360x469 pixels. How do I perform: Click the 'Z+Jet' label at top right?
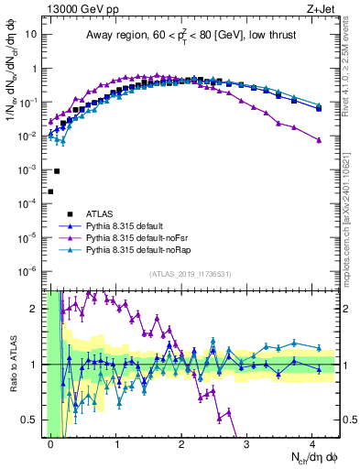323,8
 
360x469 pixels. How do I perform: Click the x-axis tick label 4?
316,442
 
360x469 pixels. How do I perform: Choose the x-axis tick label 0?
51,442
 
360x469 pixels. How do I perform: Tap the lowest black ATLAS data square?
50,191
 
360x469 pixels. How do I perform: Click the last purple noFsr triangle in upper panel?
319,140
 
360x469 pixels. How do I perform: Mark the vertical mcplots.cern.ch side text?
352,211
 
